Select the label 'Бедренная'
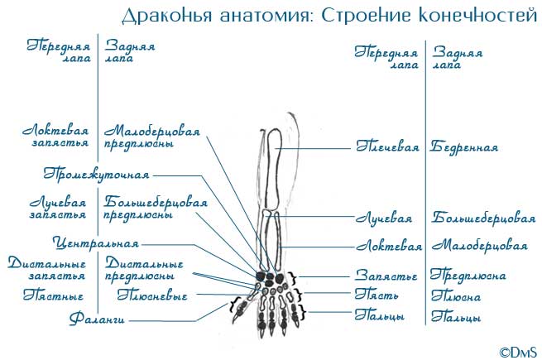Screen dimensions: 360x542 point(464,148)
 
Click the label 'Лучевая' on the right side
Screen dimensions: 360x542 point(384,219)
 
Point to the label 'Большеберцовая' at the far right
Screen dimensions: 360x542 point(483,219)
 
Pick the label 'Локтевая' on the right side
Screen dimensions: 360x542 point(389,247)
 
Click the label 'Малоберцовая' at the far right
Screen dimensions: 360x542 point(480,247)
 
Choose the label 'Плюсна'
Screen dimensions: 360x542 point(456,296)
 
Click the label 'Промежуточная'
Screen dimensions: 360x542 point(96,175)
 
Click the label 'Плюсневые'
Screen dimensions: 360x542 point(152,295)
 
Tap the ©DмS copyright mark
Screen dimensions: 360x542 point(518,350)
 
